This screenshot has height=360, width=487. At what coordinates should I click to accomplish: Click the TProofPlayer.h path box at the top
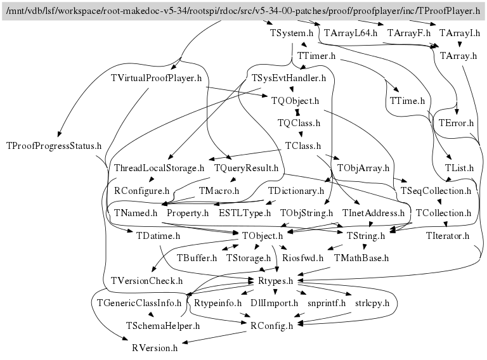243,11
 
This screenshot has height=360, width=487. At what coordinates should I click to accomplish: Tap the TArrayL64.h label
350,33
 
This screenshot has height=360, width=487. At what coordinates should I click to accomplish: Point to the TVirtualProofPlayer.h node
156,79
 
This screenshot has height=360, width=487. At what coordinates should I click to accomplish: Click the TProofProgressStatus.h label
54,146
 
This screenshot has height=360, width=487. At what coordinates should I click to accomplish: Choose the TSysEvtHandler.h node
289,79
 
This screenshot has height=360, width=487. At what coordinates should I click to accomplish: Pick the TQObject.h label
294,101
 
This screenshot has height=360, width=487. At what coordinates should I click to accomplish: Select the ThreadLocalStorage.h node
159,168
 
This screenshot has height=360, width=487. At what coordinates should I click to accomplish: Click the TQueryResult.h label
247,168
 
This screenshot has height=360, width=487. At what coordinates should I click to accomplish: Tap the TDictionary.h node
296,190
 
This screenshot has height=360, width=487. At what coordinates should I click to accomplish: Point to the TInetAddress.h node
373,213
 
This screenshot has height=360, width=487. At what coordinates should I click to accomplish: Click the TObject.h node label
262,236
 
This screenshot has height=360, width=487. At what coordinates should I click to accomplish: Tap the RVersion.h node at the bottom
155,347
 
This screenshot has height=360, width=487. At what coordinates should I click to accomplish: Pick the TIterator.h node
447,236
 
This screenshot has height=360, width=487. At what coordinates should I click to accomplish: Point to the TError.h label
456,123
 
